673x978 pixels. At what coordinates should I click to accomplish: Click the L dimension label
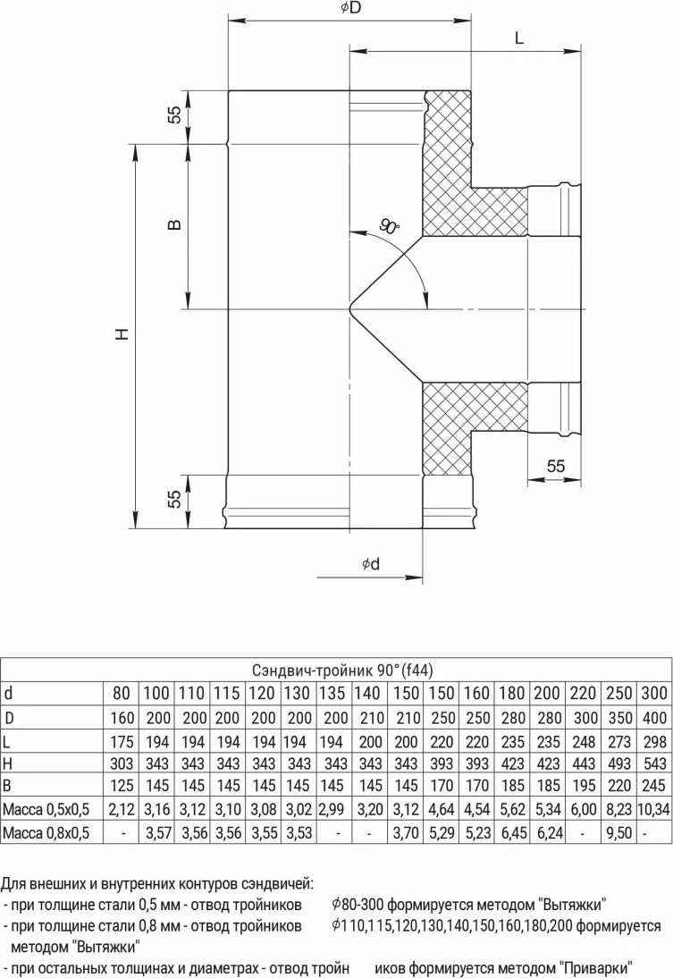pyautogui.click(x=519, y=38)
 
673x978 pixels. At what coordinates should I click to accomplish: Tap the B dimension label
pyautogui.click(x=175, y=223)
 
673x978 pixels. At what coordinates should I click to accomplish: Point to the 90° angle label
pyautogui.click(x=389, y=226)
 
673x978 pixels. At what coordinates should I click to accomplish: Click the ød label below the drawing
pyautogui.click(x=371, y=564)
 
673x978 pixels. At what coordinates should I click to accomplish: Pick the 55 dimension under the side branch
pyautogui.click(x=555, y=466)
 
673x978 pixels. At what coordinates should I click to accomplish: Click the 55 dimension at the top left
pyautogui.click(x=175, y=114)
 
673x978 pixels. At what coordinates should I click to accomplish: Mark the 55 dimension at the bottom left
pyautogui.click(x=175, y=498)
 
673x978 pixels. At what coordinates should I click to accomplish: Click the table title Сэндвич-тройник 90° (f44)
pyautogui.click(x=342, y=670)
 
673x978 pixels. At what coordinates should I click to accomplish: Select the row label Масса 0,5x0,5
pyautogui.click(x=46, y=810)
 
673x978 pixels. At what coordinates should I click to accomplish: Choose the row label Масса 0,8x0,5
pyautogui.click(x=46, y=832)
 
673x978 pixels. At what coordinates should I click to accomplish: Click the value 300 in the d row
pyautogui.click(x=653, y=693)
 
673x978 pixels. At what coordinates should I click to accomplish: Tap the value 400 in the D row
pyautogui.click(x=653, y=718)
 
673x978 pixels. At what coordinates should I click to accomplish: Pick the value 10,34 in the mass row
pyautogui.click(x=653, y=810)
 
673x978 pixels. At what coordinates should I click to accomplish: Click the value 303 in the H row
pyautogui.click(x=122, y=763)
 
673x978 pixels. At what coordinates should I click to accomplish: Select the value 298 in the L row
pyautogui.click(x=653, y=742)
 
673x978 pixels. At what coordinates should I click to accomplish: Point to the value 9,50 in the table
pyautogui.click(x=618, y=832)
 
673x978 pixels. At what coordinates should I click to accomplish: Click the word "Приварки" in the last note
pyautogui.click(x=596, y=968)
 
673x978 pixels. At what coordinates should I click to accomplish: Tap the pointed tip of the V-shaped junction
pyautogui.click(x=348, y=308)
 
